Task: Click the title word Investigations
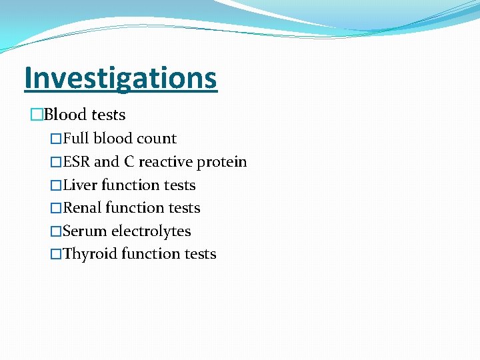click(121, 77)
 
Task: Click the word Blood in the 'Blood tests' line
click(66, 115)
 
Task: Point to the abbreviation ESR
click(77, 162)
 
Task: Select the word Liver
click(80, 185)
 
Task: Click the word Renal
click(82, 208)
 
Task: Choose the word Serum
click(85, 231)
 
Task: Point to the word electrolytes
click(151, 231)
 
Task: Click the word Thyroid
click(89, 255)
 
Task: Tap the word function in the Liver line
click(132, 185)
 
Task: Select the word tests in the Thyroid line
click(199, 255)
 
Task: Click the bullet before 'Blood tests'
click(37, 115)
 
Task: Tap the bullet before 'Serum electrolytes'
click(56, 232)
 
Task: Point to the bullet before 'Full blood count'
click(56, 139)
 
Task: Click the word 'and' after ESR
click(106, 162)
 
